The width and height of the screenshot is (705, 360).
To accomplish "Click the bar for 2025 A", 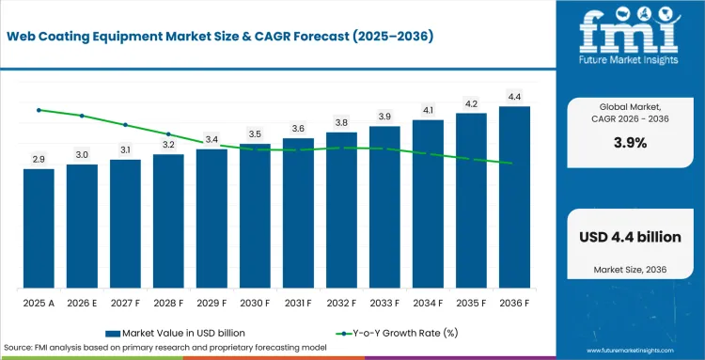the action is click(39, 228).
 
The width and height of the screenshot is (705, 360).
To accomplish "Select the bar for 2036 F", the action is click(514, 197).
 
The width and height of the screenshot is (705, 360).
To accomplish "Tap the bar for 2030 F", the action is click(255, 216).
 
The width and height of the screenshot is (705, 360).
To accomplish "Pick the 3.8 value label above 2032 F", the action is click(341, 123).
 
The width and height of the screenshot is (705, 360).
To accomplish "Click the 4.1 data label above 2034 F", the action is click(428, 110).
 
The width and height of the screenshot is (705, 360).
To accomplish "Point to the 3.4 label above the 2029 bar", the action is click(211, 140).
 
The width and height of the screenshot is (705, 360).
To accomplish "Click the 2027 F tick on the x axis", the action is click(125, 304).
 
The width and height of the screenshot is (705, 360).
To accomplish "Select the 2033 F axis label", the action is click(384, 304).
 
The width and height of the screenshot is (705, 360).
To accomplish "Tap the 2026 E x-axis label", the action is click(82, 304).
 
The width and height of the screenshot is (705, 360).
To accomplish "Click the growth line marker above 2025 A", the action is click(39, 110).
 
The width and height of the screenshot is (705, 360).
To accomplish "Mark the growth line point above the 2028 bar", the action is click(168, 133).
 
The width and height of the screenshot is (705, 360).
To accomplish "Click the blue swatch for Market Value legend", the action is click(113, 334).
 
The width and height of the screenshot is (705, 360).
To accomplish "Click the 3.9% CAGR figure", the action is click(631, 144).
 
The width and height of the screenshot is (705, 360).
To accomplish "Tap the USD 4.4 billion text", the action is click(630, 237).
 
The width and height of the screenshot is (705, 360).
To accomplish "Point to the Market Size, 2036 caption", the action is click(630, 270).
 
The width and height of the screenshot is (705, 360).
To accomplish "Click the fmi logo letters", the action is click(629, 32).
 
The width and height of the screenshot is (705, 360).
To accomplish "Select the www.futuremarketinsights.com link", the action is click(631, 351).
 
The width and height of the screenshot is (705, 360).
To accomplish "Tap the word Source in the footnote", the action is click(15, 348).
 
